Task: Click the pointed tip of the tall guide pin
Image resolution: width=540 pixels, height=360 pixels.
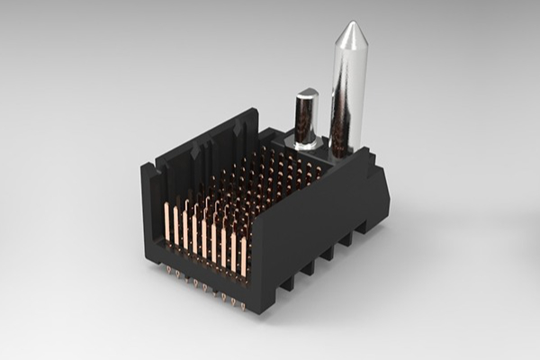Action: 348,25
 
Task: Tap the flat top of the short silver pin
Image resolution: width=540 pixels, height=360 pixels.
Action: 306,93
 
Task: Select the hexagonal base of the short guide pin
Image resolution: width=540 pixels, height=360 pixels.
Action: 304,142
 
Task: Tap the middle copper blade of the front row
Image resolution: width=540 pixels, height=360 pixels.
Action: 204,238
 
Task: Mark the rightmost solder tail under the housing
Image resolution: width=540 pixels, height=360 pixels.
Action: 244,305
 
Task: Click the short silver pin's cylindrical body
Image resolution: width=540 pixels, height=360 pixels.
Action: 306,117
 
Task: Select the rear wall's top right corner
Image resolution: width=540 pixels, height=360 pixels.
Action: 256,112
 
